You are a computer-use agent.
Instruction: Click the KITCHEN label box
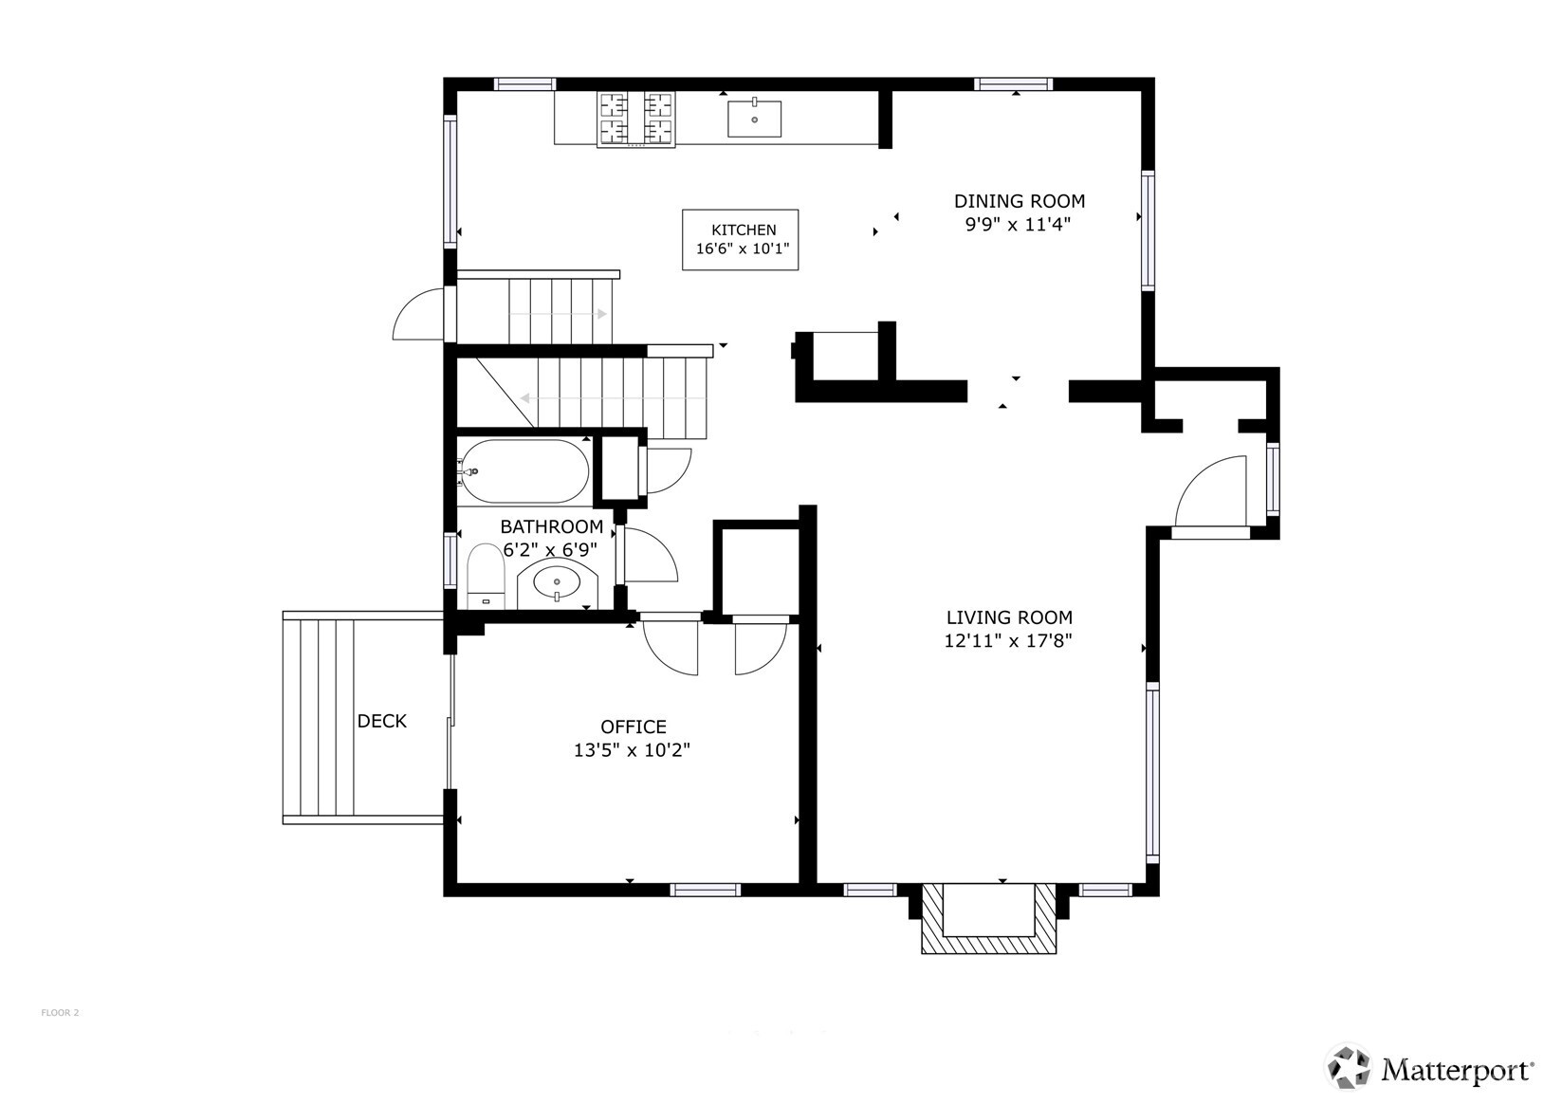tap(740, 240)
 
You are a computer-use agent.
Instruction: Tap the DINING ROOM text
tap(1019, 201)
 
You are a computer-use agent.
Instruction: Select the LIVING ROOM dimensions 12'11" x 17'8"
tap(1007, 640)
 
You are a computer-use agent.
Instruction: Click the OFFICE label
tap(633, 727)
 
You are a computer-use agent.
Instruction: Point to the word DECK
tap(381, 721)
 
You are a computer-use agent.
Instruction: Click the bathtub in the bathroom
tap(524, 471)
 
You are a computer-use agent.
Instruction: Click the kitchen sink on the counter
tap(754, 119)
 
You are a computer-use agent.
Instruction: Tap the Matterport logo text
tap(1456, 1071)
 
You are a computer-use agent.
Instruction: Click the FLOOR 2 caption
tap(60, 1013)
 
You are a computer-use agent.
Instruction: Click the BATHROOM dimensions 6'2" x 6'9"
tap(549, 550)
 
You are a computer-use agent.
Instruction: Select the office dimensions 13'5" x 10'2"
tap(631, 750)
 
